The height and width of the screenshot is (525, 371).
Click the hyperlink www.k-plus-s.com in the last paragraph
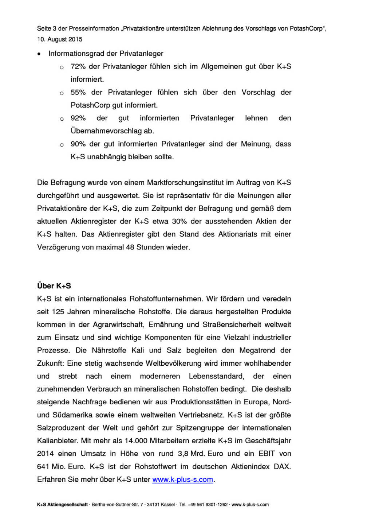182,479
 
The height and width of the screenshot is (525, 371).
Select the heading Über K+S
54,286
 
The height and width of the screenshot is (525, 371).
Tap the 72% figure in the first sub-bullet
78,66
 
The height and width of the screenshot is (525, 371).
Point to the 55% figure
78,92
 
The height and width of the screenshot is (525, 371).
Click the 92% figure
78,118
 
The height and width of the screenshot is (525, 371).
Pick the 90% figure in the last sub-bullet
78,144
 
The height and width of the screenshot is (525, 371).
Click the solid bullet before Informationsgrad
39,54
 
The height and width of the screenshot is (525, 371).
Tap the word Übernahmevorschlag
106,131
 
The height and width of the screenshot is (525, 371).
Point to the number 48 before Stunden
130,247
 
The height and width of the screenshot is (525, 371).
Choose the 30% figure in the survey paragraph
179,221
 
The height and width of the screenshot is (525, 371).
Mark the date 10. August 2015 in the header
60,39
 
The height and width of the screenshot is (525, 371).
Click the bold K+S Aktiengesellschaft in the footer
62,505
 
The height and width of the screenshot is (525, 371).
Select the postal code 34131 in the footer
153,505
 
